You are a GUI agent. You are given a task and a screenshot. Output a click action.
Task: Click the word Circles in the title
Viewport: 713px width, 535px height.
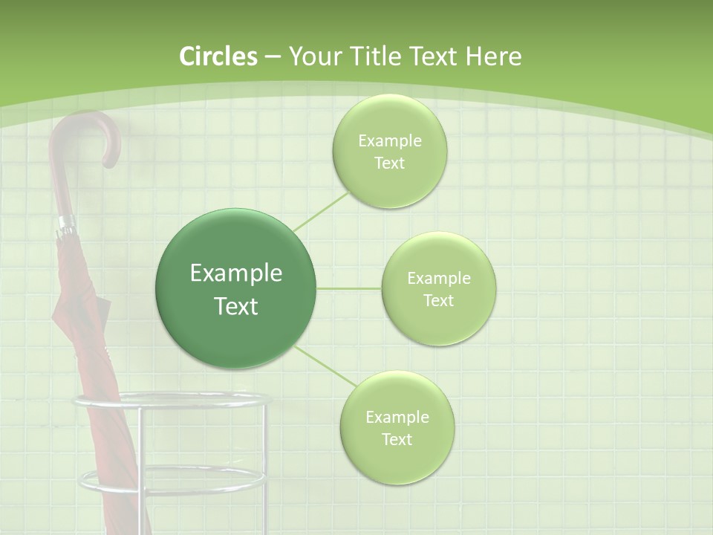click(x=218, y=56)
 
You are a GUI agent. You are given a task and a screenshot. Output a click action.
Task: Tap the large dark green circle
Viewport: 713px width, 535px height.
click(x=236, y=288)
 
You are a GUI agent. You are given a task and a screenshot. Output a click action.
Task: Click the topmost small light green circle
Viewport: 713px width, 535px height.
click(x=389, y=152)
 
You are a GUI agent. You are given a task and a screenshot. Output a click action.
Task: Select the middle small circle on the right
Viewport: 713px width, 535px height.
click(x=438, y=289)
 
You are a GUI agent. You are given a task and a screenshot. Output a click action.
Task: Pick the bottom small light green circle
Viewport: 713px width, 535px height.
click(x=397, y=428)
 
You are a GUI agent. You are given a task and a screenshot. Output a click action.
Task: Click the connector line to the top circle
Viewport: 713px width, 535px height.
click(x=321, y=211)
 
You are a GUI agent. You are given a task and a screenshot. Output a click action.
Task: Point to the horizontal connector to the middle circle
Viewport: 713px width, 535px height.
click(x=349, y=288)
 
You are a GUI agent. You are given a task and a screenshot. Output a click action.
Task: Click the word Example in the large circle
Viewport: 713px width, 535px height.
click(x=236, y=273)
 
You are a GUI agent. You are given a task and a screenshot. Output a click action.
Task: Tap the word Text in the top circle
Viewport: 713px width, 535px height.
click(x=389, y=163)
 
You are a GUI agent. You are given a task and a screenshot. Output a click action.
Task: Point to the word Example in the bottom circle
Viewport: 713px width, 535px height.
click(x=397, y=417)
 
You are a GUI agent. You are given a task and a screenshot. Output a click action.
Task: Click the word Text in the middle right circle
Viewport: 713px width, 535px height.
click(x=438, y=301)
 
